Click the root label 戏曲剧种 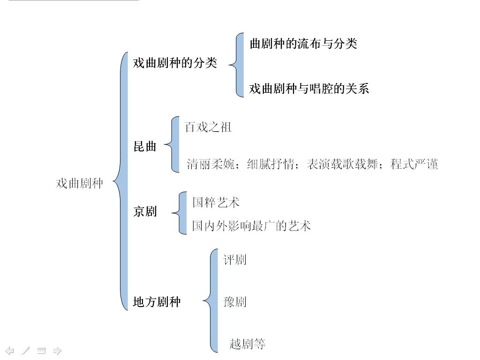point(79,183)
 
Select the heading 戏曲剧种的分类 point(175,63)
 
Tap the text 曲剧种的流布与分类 point(303,44)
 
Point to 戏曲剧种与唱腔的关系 point(309,89)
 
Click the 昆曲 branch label point(145,146)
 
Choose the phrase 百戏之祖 point(208,127)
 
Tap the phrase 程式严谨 point(414,164)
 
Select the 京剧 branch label point(145,212)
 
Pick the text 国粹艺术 point(216,202)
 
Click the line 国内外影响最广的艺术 point(251,226)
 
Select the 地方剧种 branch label point(157,302)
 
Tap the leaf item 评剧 point(235,260)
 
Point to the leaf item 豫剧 point(235,302)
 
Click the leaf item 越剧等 point(247,344)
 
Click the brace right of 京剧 point(180,213)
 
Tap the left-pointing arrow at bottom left point(9,350)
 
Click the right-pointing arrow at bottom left point(57,350)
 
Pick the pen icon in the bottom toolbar point(25,350)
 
